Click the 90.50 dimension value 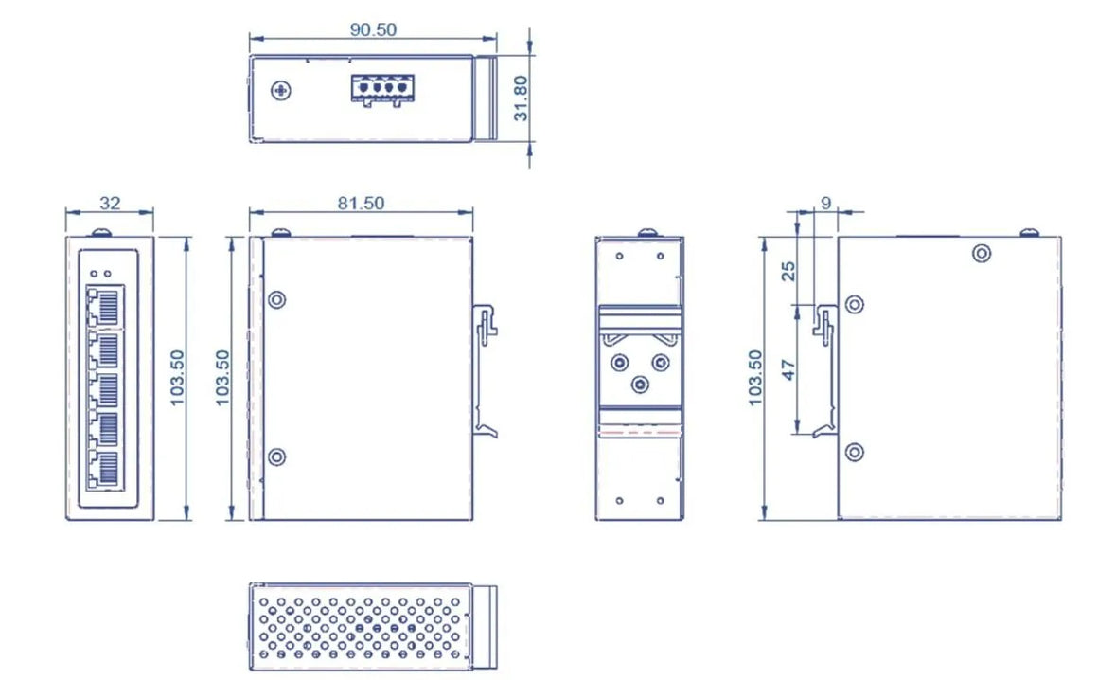point(373,28)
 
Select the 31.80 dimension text point(520,98)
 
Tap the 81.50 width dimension point(361,203)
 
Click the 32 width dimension point(110,203)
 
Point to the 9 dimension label point(825,202)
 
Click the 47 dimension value point(788,367)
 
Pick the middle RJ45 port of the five point(106,388)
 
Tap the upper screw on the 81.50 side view point(276,300)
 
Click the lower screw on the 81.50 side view point(276,457)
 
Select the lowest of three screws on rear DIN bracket point(640,384)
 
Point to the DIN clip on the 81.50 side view point(487,321)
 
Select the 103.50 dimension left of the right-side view point(754,377)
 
